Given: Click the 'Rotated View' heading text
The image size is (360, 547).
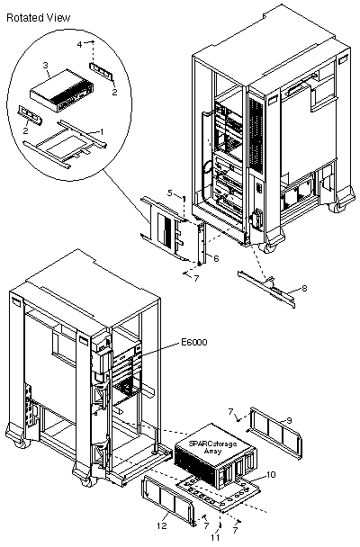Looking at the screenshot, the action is pyautogui.click(x=39, y=18).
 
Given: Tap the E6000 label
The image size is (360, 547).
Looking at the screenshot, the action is pyautogui.click(x=194, y=342).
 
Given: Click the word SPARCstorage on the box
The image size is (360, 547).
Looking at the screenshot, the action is pyautogui.click(x=212, y=444).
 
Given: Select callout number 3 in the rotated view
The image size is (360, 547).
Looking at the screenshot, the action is pyautogui.click(x=45, y=66).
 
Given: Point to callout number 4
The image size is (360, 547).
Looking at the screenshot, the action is pyautogui.click(x=79, y=45).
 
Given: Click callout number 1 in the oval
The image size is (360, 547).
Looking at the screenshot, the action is pyautogui.click(x=102, y=132).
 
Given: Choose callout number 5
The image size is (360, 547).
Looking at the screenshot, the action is pyautogui.click(x=170, y=193).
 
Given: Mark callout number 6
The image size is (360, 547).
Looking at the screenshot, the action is pyautogui.click(x=216, y=259).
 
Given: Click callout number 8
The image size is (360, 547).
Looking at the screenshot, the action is pyautogui.click(x=304, y=289).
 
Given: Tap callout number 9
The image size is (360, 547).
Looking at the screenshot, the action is pyautogui.click(x=289, y=421).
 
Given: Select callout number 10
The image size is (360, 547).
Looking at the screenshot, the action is pyautogui.click(x=271, y=474).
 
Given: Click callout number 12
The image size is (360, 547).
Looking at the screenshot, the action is pyautogui.click(x=162, y=526).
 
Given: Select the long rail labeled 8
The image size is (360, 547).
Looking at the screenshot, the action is pyautogui.click(x=267, y=289).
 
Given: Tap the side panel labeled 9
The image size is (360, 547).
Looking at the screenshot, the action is pyautogui.click(x=274, y=432).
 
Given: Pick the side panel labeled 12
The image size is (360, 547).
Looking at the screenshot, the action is pyautogui.click(x=168, y=502).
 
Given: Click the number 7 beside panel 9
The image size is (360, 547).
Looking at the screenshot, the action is pyautogui.click(x=230, y=412).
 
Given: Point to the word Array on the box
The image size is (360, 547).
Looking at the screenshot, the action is pyautogui.click(x=212, y=451).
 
